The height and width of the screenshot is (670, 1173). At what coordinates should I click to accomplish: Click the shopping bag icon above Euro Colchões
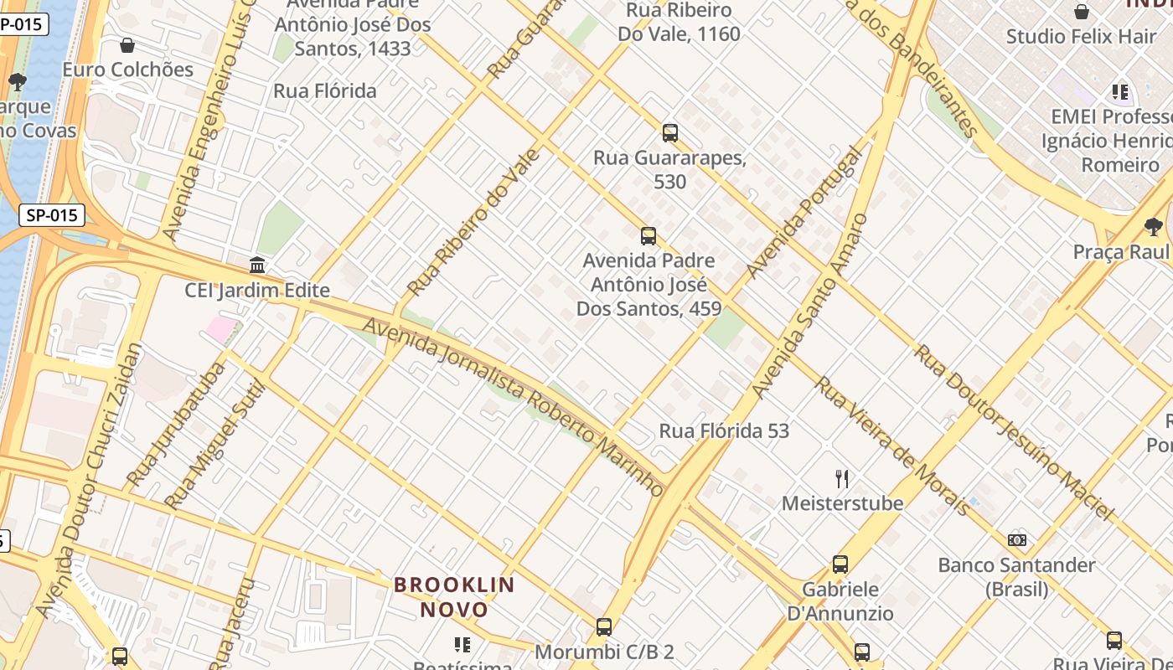point(127,45)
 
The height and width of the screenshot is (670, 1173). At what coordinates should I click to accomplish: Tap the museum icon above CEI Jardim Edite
point(257,265)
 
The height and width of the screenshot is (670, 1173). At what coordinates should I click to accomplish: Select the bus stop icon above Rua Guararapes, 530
point(669,132)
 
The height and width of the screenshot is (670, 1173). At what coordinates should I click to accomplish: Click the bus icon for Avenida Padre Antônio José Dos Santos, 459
point(648,236)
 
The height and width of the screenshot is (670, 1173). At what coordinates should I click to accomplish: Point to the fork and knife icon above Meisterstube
point(842,479)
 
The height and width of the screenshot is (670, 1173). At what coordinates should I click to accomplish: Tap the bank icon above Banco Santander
point(1017,540)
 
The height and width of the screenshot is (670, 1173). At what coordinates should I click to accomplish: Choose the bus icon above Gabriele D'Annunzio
point(840,564)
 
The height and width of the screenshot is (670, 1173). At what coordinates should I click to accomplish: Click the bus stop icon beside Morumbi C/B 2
point(604,627)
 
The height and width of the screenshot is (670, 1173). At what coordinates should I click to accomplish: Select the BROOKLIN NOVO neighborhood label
point(454,596)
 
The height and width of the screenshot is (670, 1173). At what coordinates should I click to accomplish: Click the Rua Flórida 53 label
point(724,431)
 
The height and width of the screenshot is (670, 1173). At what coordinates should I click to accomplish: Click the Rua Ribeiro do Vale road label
point(473,223)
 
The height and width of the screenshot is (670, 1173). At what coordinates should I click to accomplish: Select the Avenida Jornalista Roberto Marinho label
point(514,406)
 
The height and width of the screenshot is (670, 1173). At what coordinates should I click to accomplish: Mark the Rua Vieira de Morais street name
point(894,445)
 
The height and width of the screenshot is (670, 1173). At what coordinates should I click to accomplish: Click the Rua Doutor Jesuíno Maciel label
point(1014,432)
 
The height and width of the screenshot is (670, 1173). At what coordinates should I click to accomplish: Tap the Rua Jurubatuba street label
point(176,425)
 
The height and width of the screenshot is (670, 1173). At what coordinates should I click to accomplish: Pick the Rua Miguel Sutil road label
point(214,446)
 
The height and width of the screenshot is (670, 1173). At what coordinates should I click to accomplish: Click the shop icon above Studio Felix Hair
point(1082,12)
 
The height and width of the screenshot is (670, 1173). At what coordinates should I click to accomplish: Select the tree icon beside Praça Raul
point(1154,226)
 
